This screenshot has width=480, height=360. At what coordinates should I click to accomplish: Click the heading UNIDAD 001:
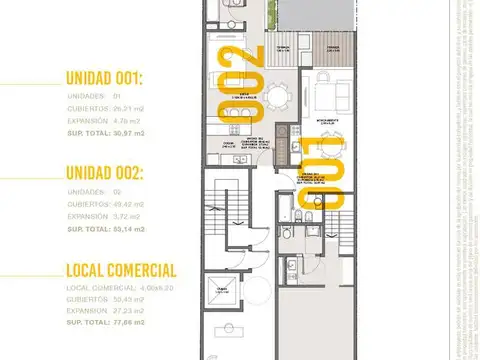click(119, 78)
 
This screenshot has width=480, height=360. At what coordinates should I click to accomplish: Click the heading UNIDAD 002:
click(119, 172)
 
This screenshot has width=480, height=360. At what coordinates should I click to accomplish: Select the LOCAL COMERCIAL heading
click(121, 270)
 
